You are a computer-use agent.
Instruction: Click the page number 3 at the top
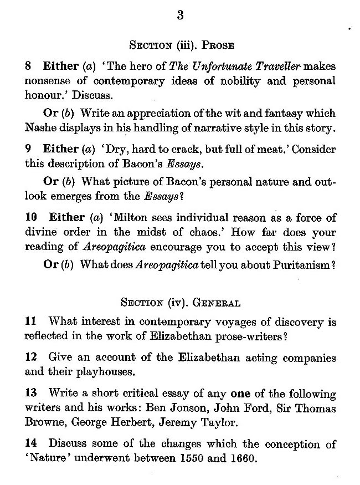[180, 16]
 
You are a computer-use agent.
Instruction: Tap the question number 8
[29, 66]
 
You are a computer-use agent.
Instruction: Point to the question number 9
[29, 150]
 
